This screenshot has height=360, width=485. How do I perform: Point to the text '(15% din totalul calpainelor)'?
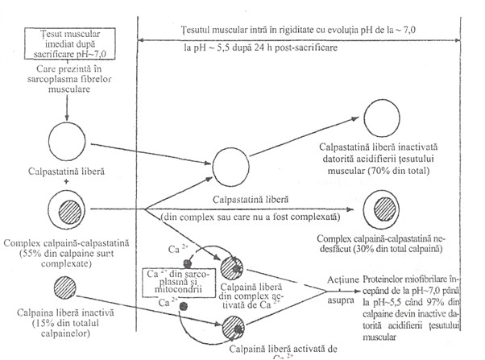[x=61, y=327]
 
